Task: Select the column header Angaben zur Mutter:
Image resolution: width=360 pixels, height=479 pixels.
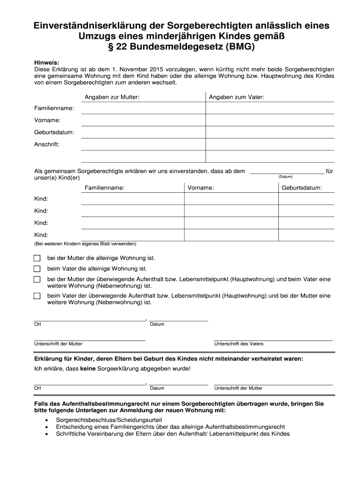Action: pyautogui.click(x=112, y=97)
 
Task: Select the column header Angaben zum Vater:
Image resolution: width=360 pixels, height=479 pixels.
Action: pyautogui.click(x=236, y=97)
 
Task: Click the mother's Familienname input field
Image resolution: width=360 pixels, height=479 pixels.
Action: pyautogui.click(x=143, y=109)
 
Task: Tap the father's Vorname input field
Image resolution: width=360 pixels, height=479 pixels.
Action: pyautogui.click(x=270, y=120)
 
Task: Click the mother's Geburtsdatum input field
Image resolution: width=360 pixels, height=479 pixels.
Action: pyautogui.click(x=143, y=132)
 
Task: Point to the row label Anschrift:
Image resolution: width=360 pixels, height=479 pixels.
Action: pyautogui.click(x=47, y=145)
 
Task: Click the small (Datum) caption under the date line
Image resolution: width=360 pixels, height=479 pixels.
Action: pyautogui.click(x=285, y=177)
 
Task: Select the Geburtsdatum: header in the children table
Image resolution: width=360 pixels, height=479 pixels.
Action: pyautogui.click(x=301, y=188)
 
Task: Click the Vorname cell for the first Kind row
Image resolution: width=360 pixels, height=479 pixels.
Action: pyautogui.click(x=231, y=199)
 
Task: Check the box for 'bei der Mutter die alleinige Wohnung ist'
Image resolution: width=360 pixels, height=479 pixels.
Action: pyautogui.click(x=37, y=258)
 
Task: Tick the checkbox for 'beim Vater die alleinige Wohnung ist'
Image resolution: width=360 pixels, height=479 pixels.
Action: pyautogui.click(x=37, y=269)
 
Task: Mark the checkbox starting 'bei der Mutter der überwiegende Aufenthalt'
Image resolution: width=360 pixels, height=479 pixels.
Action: pyautogui.click(x=37, y=279)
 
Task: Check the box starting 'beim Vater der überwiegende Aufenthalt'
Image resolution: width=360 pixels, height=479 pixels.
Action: pyautogui.click(x=37, y=296)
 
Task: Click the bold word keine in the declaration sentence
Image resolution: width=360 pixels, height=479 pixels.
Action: pyautogui.click(x=88, y=369)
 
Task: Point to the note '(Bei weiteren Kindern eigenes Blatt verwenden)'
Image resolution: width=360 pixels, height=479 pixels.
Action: pyautogui.click(x=85, y=244)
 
